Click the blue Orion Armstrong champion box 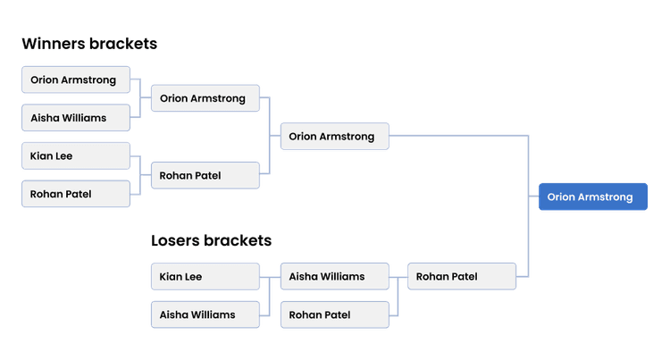[x=591, y=197]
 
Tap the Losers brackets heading [x=211, y=241]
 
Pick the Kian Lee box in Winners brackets [x=76, y=156]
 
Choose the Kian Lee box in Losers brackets [x=205, y=277]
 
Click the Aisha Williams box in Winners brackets [x=76, y=118]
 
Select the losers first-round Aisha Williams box [x=205, y=314]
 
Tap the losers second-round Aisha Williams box [x=334, y=277]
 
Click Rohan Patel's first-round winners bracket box [x=76, y=194]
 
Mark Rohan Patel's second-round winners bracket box [x=205, y=175]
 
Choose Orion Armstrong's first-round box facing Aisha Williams [x=76, y=80]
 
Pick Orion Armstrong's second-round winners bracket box [x=205, y=98]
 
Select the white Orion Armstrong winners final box [x=334, y=137]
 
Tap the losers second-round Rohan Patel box [x=334, y=314]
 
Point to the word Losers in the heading [x=175, y=241]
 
